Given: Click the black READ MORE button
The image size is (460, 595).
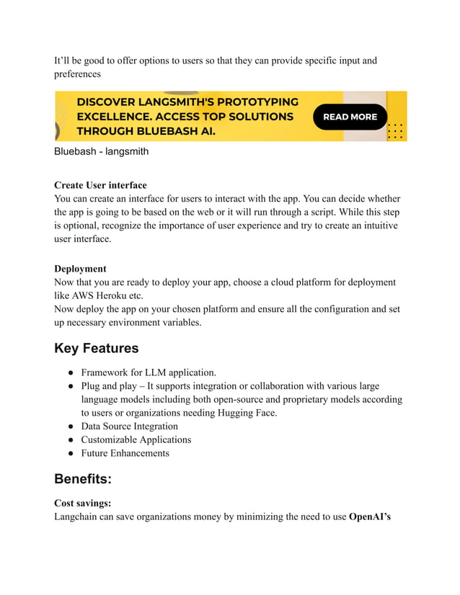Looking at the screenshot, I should tap(350, 117).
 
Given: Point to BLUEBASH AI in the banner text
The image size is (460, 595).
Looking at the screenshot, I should tap(173, 131).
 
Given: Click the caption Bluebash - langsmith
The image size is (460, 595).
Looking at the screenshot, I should tap(101, 152).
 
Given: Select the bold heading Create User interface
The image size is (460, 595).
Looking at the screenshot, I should tap(100, 185).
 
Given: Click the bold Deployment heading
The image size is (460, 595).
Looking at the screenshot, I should tap(80, 269).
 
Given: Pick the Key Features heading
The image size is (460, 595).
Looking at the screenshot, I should tap(96, 349).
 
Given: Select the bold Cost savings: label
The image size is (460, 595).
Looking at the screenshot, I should tap(82, 504).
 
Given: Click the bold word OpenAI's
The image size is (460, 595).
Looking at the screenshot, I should tap(370, 517).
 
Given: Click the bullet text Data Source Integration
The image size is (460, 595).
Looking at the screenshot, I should tap(129, 426).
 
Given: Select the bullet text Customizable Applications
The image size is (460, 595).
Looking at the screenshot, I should tap(136, 440).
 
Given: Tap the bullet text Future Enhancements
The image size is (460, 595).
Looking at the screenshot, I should tap(125, 454).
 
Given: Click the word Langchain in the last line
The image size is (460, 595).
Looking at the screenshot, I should tap(79, 517).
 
